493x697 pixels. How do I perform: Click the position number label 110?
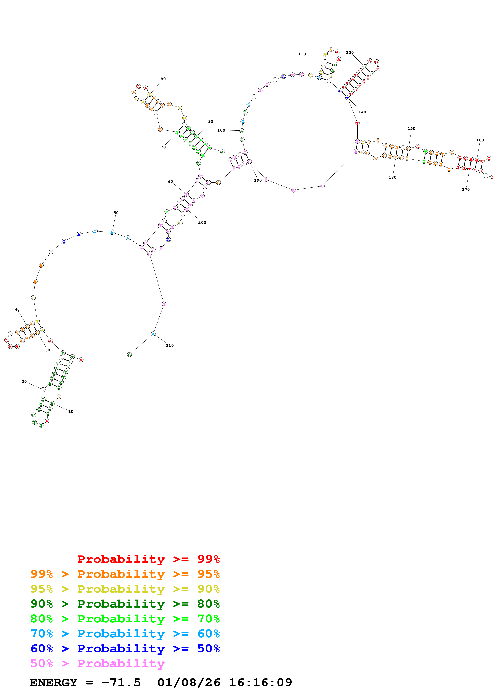point(302,54)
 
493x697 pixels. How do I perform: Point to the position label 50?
point(116,213)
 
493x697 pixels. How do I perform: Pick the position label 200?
point(202,223)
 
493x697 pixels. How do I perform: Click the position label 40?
point(17,309)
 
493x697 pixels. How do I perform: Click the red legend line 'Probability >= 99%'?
point(148,559)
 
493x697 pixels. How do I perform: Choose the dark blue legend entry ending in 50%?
point(125,649)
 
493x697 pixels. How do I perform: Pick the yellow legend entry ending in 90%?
point(125,589)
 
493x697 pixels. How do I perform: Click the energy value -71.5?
point(121,683)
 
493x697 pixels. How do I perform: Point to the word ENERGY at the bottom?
point(53,683)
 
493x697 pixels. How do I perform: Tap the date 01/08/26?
point(189,683)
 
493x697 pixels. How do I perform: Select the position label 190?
point(258,180)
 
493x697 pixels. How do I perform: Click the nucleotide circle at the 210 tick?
point(153,334)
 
